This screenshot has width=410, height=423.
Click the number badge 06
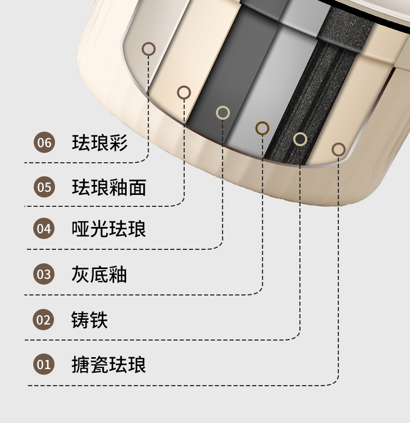[x=44, y=142]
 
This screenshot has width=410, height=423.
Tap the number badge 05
[x=44, y=187]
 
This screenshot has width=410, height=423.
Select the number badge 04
[x=44, y=229]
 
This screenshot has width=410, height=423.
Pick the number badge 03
[x=44, y=274]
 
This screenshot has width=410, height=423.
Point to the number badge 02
[x=44, y=319]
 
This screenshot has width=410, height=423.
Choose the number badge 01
[x=44, y=364]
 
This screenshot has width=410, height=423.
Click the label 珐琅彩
[x=99, y=142]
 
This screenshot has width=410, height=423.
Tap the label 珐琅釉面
[x=108, y=187]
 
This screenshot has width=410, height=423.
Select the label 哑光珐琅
[x=108, y=229]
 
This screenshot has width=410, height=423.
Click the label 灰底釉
[x=99, y=274]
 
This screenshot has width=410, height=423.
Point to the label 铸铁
[x=90, y=319]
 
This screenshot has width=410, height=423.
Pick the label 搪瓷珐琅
[x=108, y=364]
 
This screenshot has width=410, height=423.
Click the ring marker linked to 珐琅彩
[x=148, y=49]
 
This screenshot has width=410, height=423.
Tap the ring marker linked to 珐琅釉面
[x=184, y=92]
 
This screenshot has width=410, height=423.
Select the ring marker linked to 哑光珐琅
[x=223, y=112]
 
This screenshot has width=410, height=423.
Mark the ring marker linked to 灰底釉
[x=263, y=128]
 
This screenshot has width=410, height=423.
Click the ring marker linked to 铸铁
[x=300, y=138]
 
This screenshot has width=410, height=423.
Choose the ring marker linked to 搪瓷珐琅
[x=338, y=149]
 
